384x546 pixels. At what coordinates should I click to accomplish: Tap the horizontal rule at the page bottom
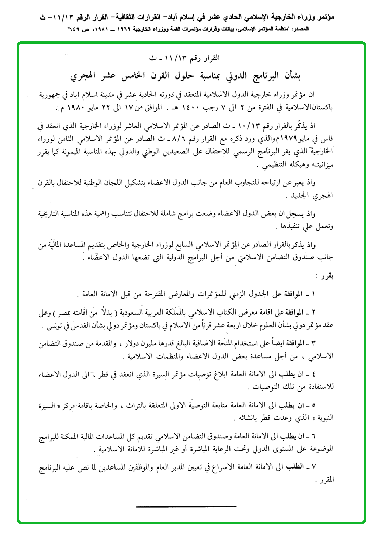[x=186, y=505]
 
